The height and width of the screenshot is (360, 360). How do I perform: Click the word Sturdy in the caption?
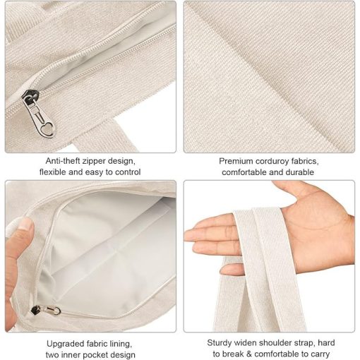point(220,342)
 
